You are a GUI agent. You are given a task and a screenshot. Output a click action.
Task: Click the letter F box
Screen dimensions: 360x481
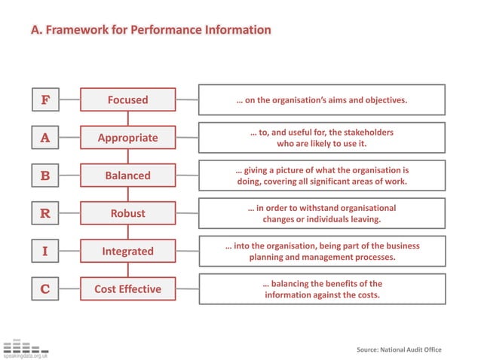(x=45, y=99)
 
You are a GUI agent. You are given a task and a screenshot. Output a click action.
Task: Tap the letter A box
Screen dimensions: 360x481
(x=45, y=137)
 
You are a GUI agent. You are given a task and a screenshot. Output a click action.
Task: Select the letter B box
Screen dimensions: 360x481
(x=45, y=175)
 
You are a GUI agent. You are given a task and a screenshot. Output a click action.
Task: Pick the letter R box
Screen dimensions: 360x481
(x=45, y=213)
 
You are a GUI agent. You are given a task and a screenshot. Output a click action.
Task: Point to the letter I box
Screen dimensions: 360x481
(x=45, y=252)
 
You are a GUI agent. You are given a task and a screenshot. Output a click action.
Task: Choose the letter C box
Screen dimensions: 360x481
(x=45, y=289)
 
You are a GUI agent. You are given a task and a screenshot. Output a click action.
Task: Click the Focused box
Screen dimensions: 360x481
(x=127, y=99)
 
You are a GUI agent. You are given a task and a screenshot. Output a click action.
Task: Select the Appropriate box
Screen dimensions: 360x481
(x=127, y=137)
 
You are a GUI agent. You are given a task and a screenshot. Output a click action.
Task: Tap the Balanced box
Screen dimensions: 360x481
(x=127, y=175)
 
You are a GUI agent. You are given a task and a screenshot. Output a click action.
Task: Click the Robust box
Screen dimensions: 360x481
(x=127, y=213)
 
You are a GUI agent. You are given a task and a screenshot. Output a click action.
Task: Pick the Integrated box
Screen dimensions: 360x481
(x=127, y=252)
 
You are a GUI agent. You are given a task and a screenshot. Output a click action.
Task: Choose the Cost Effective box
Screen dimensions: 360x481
(x=127, y=289)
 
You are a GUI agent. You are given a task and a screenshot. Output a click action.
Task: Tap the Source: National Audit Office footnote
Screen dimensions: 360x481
(x=399, y=349)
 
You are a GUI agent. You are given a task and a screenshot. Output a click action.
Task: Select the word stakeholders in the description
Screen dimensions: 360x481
(x=365, y=132)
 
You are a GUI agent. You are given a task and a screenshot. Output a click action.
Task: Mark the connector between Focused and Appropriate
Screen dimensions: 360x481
(x=127, y=118)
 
